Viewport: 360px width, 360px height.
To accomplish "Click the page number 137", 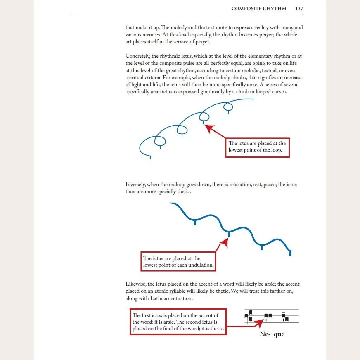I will pyautogui.click(x=299, y=9).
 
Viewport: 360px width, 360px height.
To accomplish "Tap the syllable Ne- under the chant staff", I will pyautogui.click(x=265, y=334).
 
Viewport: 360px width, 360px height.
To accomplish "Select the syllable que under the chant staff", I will pyautogui.click(x=279, y=334).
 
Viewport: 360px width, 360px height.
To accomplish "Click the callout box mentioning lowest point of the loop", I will pyautogui.click(x=258, y=147).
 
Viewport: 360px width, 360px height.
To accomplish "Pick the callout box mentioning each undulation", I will pyautogui.click(x=178, y=261).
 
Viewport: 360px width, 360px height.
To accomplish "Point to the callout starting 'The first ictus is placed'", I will pyautogui.click(x=178, y=322).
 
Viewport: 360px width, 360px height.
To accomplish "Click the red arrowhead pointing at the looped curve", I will pyautogui.click(x=209, y=128).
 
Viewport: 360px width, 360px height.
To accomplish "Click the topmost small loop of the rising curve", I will pyautogui.click(x=228, y=107).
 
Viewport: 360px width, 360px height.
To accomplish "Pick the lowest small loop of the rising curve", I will pyautogui.click(x=160, y=141).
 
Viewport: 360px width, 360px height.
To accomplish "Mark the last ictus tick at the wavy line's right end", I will pyautogui.click(x=291, y=252).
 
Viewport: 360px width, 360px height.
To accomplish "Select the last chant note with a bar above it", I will pyautogui.click(x=284, y=317).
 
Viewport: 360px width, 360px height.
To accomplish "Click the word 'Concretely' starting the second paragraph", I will pyautogui.click(x=137, y=56).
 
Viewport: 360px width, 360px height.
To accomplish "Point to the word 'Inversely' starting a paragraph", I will pyautogui.click(x=136, y=185).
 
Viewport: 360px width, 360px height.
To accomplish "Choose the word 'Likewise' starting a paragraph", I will pyautogui.click(x=136, y=284).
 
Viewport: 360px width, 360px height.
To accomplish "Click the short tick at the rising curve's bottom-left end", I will pyautogui.click(x=150, y=157).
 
